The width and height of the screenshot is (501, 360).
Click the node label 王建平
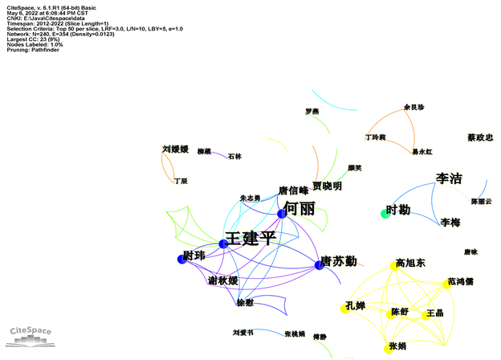point(251,239)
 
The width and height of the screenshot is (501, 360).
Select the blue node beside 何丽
point(282,214)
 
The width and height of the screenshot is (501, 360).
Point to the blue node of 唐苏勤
point(319,265)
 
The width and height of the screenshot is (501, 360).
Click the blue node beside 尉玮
point(181,259)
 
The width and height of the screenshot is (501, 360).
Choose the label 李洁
point(449,178)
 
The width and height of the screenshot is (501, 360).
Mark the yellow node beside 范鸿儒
point(446,284)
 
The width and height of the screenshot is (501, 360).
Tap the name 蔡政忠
point(480,137)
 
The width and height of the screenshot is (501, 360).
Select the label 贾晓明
point(327,186)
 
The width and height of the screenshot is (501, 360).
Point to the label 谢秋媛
point(222,280)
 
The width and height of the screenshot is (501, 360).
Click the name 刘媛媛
point(175,149)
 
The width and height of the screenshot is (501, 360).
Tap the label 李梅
point(450,222)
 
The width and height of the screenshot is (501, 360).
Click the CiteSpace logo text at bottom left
point(30,330)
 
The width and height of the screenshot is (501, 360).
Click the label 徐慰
point(245,303)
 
